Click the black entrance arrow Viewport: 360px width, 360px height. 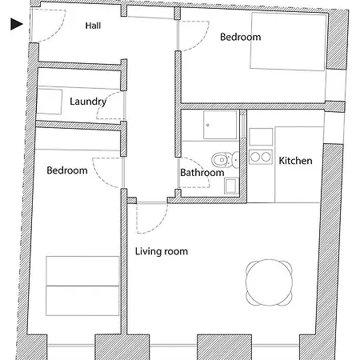(17, 24)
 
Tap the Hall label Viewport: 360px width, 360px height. (93, 26)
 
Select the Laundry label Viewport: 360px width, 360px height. (88, 102)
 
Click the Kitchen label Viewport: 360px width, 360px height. (295, 161)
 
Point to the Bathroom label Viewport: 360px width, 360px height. (202, 173)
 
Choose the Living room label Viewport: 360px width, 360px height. (162, 251)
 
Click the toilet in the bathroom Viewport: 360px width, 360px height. (226, 160)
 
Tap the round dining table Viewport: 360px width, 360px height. (269, 282)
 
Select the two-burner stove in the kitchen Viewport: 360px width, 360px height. (261, 157)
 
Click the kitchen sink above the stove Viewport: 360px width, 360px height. (261, 137)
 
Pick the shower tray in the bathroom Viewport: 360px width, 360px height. (220, 125)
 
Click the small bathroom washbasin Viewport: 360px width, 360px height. (230, 186)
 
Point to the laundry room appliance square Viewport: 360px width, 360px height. (50, 102)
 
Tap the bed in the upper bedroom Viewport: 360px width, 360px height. (288, 42)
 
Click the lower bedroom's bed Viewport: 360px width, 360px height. (82, 286)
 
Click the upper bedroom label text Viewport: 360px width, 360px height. (241, 37)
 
